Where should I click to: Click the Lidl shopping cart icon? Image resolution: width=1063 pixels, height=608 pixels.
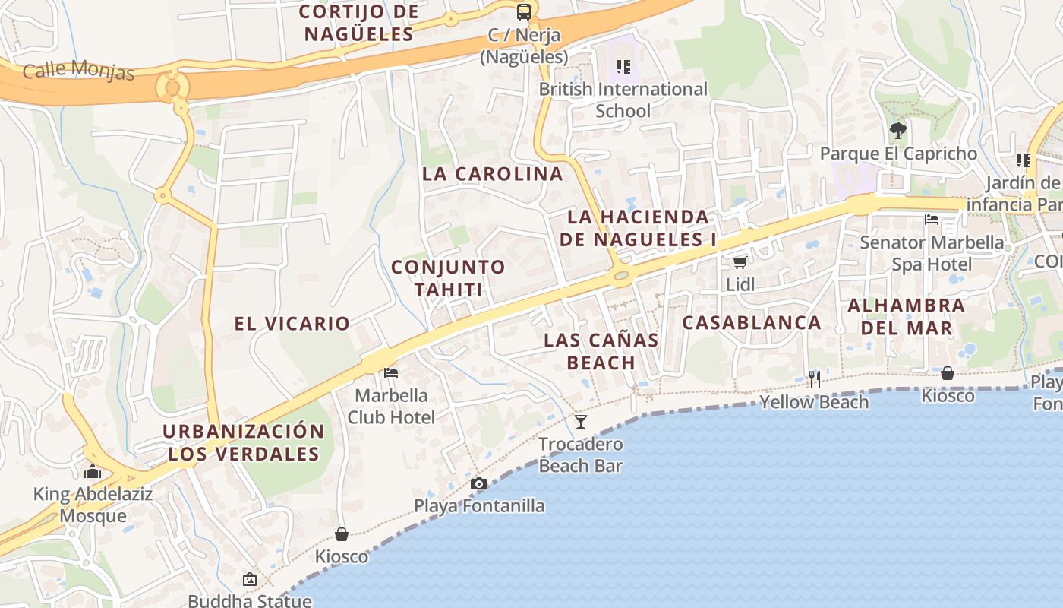click(740, 263)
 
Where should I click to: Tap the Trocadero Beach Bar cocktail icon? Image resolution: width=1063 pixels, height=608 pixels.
click(581, 422)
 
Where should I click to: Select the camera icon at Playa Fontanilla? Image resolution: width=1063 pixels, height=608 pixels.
click(478, 484)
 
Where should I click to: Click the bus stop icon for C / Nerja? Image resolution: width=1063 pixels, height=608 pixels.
click(524, 12)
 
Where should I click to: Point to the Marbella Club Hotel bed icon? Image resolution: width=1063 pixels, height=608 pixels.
click(391, 373)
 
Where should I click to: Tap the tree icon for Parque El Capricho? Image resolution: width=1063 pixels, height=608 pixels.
click(898, 131)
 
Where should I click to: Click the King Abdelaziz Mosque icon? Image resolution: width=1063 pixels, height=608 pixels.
click(93, 471)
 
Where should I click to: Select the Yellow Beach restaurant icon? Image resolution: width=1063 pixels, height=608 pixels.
click(814, 379)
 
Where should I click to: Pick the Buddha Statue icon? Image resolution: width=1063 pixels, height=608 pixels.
click(249, 580)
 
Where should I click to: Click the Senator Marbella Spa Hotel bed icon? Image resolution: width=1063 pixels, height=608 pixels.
click(932, 220)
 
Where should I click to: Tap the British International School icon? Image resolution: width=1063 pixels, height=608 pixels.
click(623, 67)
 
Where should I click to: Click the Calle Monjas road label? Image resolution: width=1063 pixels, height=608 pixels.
click(78, 71)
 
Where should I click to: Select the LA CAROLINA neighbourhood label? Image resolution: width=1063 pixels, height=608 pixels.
click(493, 174)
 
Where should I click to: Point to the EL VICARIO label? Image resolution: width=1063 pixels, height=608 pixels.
click(292, 324)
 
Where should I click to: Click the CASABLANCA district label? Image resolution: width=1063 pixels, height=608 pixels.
click(752, 323)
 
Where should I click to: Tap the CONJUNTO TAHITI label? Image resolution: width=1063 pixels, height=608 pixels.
click(448, 278)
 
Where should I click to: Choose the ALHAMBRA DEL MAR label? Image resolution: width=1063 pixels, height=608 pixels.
click(907, 317)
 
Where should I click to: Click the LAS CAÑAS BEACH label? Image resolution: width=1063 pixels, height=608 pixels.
click(601, 351)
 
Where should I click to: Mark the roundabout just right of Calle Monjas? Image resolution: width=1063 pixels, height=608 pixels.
click(172, 86)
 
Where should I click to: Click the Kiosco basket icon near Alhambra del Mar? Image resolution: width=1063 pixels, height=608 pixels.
click(948, 373)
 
